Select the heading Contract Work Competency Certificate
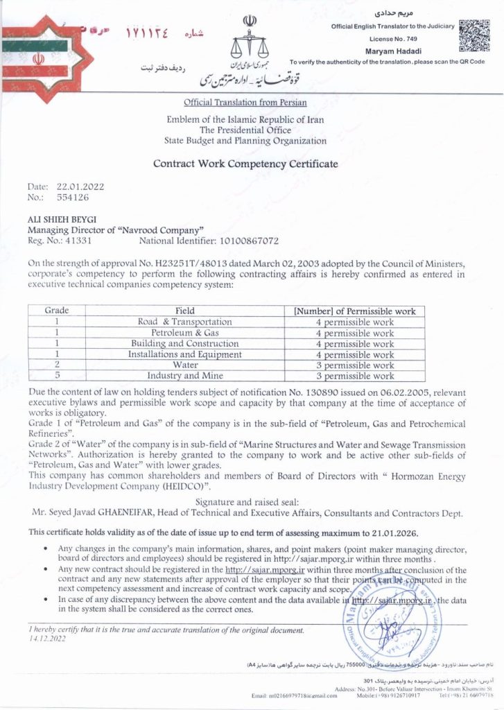245,164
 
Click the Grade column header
56,311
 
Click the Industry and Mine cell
185,376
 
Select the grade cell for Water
56,365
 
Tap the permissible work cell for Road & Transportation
354,322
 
